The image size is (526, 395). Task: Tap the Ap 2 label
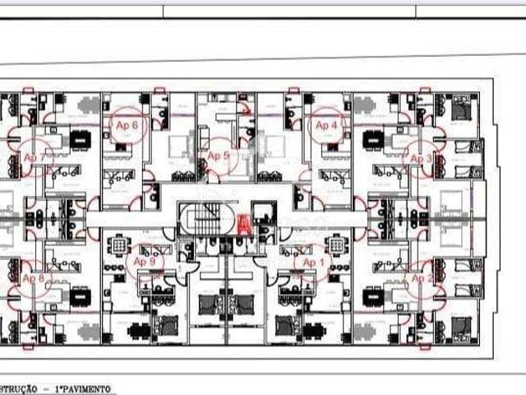[422, 279]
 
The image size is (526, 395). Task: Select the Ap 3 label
[422, 159]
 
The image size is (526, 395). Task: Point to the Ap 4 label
[326, 125]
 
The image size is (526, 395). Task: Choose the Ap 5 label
[218, 156]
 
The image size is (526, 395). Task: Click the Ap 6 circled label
[127, 125]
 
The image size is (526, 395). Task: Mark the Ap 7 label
[35, 156]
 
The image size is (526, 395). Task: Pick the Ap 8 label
[33, 279]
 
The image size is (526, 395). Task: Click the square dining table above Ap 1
[336, 244]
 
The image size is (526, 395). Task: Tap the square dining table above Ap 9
[120, 244]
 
